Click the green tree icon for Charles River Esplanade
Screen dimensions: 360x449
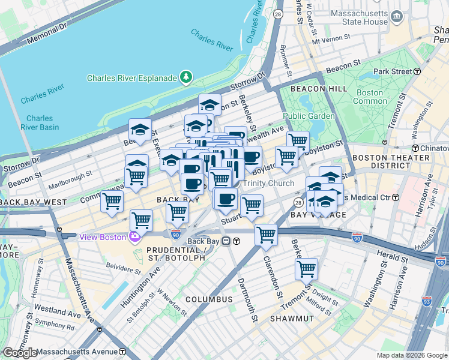tap(187, 77)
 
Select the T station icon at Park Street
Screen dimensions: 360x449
tap(417, 71)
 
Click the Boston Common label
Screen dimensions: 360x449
tap(370, 97)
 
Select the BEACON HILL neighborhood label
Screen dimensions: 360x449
tap(310, 88)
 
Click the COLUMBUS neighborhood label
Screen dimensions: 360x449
tap(208, 299)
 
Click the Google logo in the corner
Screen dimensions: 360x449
tap(20, 353)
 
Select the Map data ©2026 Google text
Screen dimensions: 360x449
tap(412, 355)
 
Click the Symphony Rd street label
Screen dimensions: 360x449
tap(54, 328)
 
